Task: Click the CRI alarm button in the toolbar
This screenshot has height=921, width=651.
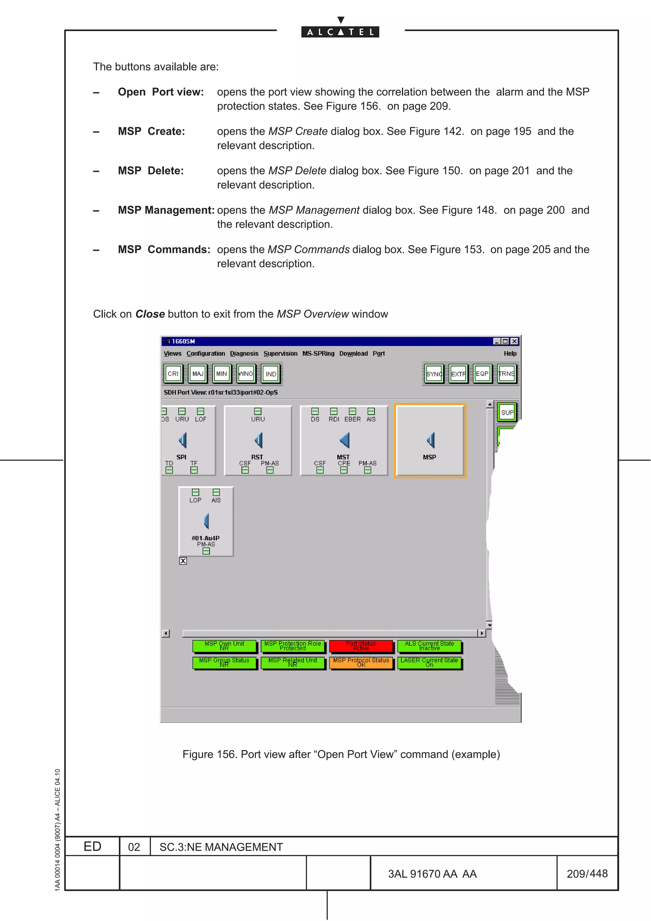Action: tap(173, 373)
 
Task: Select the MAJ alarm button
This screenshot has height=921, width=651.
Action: tap(198, 373)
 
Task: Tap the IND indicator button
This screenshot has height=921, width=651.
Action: tap(271, 374)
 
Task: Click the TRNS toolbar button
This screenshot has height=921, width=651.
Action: tap(507, 373)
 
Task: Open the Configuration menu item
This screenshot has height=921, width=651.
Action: tap(206, 353)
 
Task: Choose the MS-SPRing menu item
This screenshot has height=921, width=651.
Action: tap(318, 353)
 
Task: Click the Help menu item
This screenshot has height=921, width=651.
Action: tap(510, 353)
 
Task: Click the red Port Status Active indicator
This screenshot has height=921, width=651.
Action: tap(361, 646)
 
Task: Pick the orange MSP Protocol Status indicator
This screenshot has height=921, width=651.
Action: tap(361, 662)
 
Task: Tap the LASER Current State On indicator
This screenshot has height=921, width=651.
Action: tap(429, 662)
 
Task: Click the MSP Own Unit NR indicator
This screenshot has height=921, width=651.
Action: tap(224, 646)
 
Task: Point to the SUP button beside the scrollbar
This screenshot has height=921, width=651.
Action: tap(507, 412)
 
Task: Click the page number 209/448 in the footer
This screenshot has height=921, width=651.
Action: tap(587, 873)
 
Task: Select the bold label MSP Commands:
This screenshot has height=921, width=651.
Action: tap(164, 249)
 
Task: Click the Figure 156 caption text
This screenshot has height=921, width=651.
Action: tap(341, 754)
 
